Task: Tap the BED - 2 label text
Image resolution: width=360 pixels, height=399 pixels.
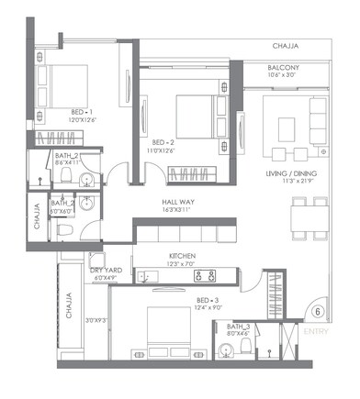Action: click(x=163, y=142)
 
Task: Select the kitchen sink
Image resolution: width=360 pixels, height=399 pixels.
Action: click(x=149, y=274)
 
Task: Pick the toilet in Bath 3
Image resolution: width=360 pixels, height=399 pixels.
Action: click(x=270, y=352)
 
